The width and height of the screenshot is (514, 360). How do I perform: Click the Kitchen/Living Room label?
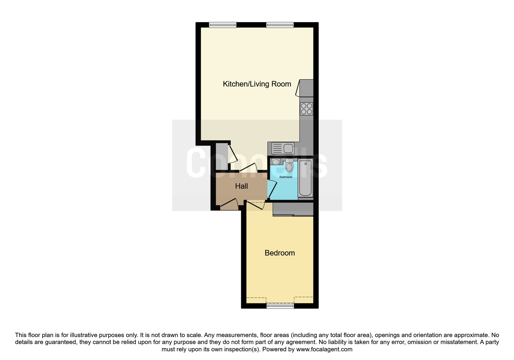click(x=257, y=84)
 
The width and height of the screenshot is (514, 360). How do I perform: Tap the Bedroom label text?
click(x=280, y=253)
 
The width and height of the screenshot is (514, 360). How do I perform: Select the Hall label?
click(x=241, y=186)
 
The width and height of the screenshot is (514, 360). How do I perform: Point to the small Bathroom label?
click(x=286, y=177)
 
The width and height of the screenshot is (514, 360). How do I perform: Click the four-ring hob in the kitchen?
click(x=306, y=109)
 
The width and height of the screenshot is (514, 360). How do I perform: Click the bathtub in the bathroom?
click(x=305, y=179)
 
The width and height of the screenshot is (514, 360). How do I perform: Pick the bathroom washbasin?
click(x=276, y=162)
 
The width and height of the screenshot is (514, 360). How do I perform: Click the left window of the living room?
click(x=223, y=25)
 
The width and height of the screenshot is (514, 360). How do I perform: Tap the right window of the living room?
click(x=280, y=25)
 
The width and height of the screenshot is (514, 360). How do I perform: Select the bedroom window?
click(x=280, y=306)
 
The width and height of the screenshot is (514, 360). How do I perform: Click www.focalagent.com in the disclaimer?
click(x=324, y=349)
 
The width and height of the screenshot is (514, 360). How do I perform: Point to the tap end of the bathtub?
click(x=306, y=164)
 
